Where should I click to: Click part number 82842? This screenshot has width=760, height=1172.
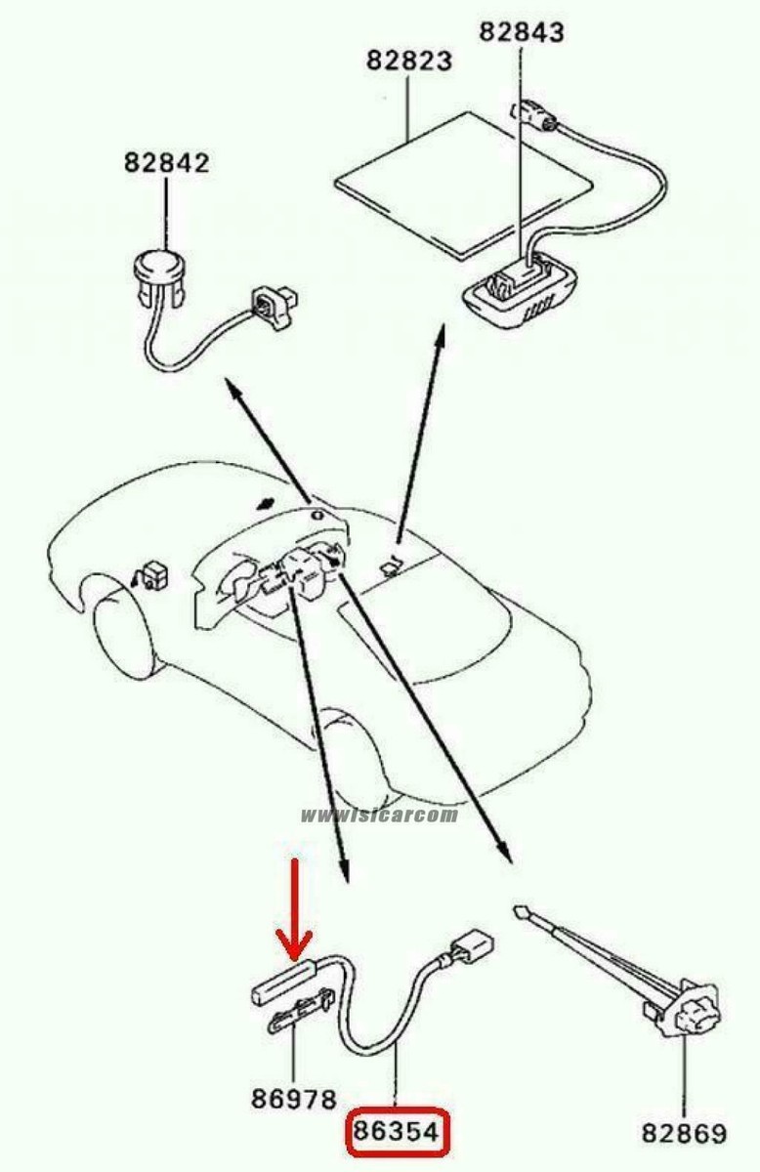(166, 162)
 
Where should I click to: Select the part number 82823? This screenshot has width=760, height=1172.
(409, 61)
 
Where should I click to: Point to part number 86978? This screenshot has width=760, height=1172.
(294, 1100)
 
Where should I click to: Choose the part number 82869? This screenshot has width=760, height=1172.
(684, 1133)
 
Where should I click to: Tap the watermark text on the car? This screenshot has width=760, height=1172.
(379, 816)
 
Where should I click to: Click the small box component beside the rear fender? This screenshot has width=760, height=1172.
(153, 574)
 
